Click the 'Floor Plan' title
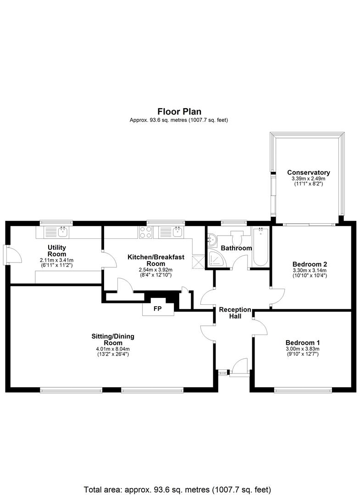(179, 111)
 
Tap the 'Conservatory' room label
(309, 172)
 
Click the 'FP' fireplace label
(157, 308)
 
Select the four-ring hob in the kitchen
(145, 232)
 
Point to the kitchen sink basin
(177, 232)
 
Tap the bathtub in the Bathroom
(261, 247)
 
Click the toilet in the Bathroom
(236, 237)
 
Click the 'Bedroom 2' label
(310, 264)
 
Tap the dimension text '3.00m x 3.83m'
(303, 349)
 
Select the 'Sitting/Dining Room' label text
(113, 339)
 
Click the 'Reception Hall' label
(235, 313)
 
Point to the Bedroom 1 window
(303, 390)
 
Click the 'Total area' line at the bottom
(177, 489)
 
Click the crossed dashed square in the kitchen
(199, 262)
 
